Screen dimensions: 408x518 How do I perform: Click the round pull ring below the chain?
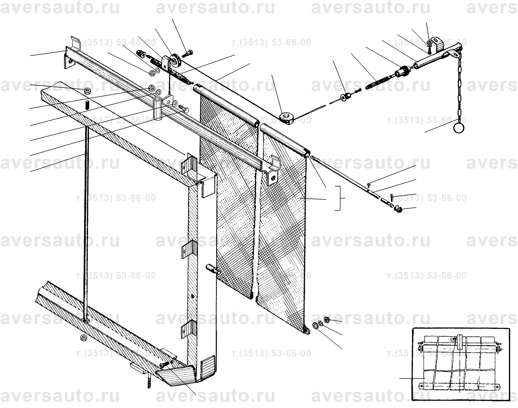(x=459, y=127)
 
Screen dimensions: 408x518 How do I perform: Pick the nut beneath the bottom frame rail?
(x=83, y=338)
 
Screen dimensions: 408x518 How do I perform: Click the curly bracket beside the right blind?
(x=339, y=198)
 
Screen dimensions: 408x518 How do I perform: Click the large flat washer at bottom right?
(x=316, y=326)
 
